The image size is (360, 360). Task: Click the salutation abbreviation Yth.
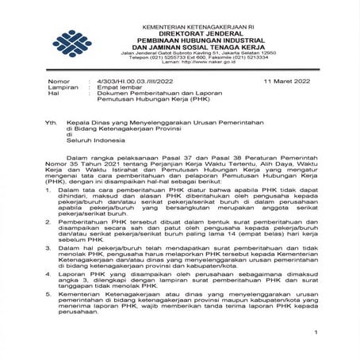pyautogui.click(x=53, y=125)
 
